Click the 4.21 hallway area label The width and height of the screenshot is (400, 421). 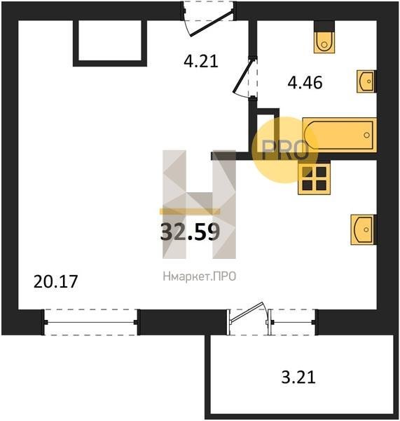coord(201,62)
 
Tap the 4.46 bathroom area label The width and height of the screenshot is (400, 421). coord(305,82)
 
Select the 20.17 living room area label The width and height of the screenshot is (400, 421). coord(55,281)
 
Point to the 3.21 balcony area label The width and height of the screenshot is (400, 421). coord(298,377)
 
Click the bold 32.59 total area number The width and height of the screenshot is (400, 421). coord(190,232)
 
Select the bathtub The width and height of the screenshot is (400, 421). coord(340,135)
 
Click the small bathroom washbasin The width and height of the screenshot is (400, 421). coord(366,81)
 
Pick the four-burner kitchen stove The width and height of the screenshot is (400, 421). coord(314,178)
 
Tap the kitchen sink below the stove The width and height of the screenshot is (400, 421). coord(364,229)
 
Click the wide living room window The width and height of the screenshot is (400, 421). coord(91,322)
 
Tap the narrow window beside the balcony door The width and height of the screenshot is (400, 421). coord(293,322)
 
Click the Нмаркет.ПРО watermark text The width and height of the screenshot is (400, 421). coord(199,276)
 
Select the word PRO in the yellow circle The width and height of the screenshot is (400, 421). coord(284,151)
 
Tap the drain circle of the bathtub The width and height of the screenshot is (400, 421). coord(367,135)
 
